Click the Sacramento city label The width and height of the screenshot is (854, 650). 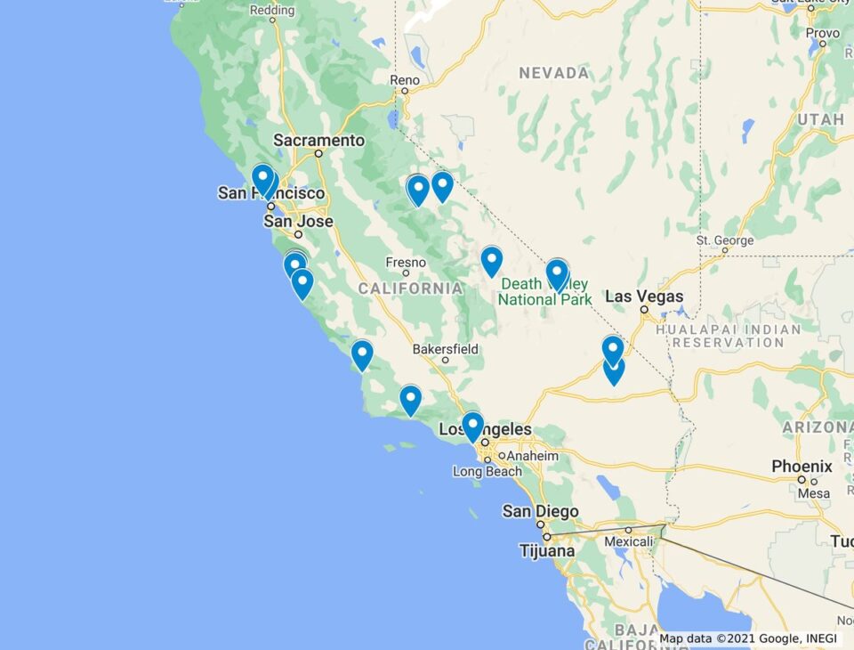[318, 141]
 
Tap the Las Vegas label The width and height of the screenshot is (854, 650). [644, 297]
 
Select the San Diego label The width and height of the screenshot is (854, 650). [540, 511]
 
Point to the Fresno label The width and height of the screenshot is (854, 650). [406, 262]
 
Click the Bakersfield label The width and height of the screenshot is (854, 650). [446, 349]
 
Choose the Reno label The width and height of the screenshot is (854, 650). [404, 80]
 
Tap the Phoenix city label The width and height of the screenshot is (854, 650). [802, 467]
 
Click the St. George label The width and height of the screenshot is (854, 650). [724, 240]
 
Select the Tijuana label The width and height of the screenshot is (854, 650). [547, 551]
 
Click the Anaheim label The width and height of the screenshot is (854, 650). [534, 456]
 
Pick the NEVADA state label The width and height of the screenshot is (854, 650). [553, 73]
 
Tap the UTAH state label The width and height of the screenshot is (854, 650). [820, 119]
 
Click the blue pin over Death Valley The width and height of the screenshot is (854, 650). [557, 273]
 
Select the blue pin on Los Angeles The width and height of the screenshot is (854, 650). [472, 426]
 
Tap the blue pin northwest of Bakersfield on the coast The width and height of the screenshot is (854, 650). [361, 353]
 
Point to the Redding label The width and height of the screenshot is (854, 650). [272, 11]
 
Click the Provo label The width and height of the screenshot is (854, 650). [823, 32]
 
